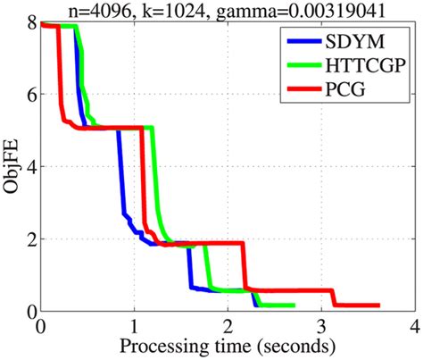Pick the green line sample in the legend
click(301, 63)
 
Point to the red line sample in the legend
click(301, 88)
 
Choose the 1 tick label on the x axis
click(134, 324)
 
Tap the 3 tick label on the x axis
click(320, 324)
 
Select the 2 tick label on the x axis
click(227, 324)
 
